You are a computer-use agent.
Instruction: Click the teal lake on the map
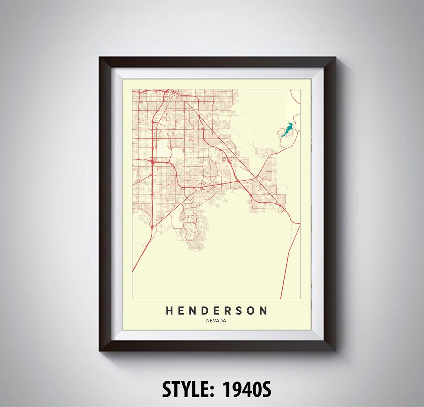coord(287,130)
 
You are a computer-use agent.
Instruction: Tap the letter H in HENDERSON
coord(170,311)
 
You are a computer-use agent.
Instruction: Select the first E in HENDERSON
coord(182,311)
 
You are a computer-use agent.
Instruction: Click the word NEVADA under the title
coord(216,321)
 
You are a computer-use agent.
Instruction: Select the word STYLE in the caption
coord(187,389)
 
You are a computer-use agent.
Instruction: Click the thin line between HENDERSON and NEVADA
coord(216,317)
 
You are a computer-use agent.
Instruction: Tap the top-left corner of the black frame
coord(101,58)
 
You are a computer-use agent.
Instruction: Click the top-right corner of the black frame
coord(334,58)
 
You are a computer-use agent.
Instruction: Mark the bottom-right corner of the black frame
coord(334,349)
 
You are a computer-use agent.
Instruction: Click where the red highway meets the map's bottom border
coord(281,298)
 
